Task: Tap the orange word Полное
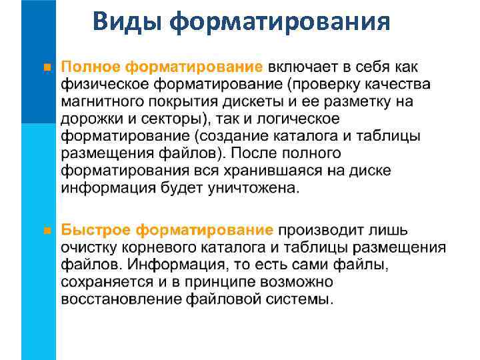pyautogui.click(x=91, y=67)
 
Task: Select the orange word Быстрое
pyautogui.click(x=95, y=231)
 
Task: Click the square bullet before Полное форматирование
pyautogui.click(x=46, y=67)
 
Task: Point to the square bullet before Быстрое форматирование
pyautogui.click(x=46, y=231)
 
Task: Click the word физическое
pyautogui.click(x=103, y=85)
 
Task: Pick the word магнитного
pyautogui.click(x=100, y=101)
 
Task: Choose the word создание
pyautogui.click(x=250, y=136)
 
